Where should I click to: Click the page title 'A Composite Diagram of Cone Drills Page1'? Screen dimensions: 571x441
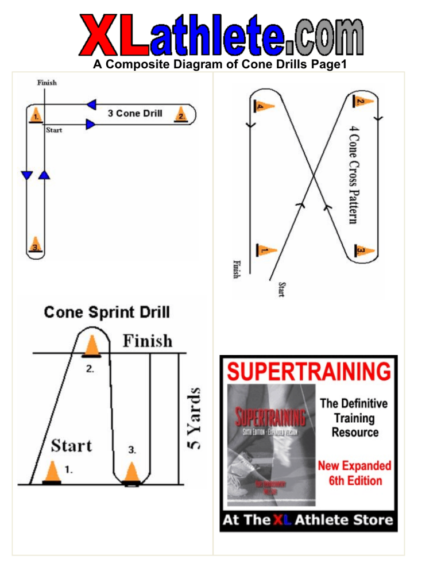click(220, 66)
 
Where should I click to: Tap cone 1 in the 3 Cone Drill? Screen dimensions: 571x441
click(36, 114)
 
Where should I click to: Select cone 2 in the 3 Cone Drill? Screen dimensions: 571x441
click(181, 114)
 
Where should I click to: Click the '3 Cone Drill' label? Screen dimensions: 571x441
click(135, 114)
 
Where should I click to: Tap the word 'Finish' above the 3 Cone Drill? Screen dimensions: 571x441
click(47, 83)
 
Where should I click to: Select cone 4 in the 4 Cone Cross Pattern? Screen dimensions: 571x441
click(264, 106)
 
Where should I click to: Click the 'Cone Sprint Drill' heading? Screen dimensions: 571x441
click(107, 312)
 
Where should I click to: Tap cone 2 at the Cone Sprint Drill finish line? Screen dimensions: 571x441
click(91, 346)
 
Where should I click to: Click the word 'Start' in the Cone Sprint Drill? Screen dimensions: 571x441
click(71, 445)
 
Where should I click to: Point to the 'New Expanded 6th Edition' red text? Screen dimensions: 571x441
click(354, 472)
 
